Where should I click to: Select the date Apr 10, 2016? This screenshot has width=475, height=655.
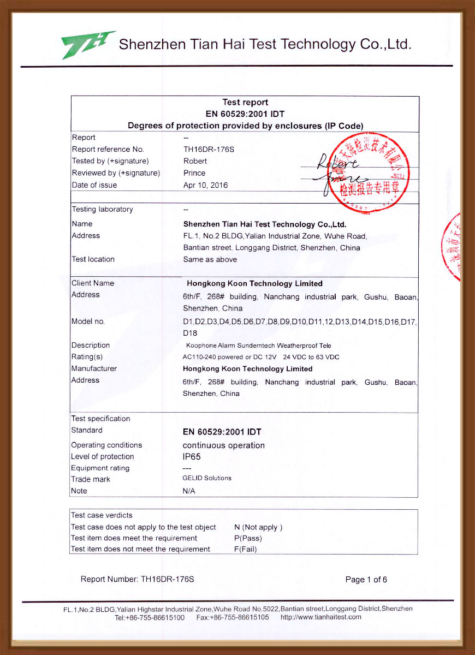[x=206, y=185]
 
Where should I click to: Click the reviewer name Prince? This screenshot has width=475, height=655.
[x=194, y=173]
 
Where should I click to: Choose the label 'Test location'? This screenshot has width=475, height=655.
[x=93, y=259]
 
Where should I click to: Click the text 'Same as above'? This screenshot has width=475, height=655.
[x=210, y=259]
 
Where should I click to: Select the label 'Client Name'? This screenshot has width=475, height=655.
[x=93, y=283]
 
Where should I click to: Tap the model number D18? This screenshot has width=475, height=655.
[x=190, y=333]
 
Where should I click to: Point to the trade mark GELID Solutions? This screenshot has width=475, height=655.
[x=207, y=478]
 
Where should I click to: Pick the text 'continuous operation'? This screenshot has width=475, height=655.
[x=223, y=445]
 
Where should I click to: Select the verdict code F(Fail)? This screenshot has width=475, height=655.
[x=245, y=549]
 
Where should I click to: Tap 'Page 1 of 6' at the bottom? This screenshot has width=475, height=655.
[x=366, y=580]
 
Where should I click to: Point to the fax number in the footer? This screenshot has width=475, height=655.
[x=240, y=617]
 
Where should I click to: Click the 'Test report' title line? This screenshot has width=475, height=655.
[x=245, y=103]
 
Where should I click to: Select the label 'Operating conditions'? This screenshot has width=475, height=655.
[x=106, y=445]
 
